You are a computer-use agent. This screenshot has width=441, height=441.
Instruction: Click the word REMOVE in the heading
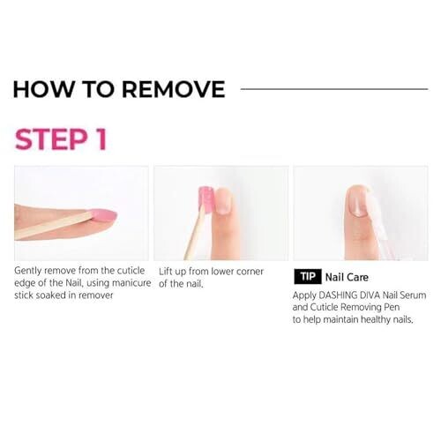click(x=174, y=89)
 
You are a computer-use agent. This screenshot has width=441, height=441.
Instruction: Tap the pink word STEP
click(x=49, y=139)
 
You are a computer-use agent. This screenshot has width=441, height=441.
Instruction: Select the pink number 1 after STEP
click(x=101, y=139)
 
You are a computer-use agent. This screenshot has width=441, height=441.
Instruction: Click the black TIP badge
click(x=308, y=276)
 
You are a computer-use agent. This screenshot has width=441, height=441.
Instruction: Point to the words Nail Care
click(x=347, y=277)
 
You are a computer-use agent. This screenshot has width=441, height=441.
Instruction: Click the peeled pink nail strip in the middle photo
click(x=206, y=200)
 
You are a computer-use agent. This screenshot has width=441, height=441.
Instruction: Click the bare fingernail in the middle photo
click(x=225, y=200)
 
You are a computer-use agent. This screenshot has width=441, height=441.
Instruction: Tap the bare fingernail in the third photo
click(x=360, y=202)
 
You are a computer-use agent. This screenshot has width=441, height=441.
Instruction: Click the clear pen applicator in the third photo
click(x=379, y=223)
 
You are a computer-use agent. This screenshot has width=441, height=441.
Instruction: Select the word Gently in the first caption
click(x=28, y=271)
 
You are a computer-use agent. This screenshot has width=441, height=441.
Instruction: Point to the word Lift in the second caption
click(x=166, y=271)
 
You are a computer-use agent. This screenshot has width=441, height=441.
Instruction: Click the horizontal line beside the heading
click(x=334, y=89)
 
